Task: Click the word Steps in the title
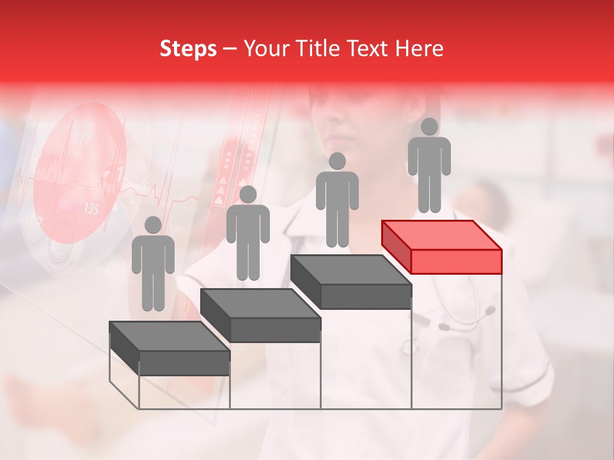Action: (x=188, y=49)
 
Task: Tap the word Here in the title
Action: (x=420, y=49)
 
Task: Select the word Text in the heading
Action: (x=366, y=49)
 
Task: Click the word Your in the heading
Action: (x=262, y=49)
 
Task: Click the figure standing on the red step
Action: (x=429, y=166)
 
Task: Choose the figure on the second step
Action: (x=248, y=234)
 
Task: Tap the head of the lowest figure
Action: (x=153, y=225)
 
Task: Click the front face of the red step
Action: (x=456, y=261)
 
